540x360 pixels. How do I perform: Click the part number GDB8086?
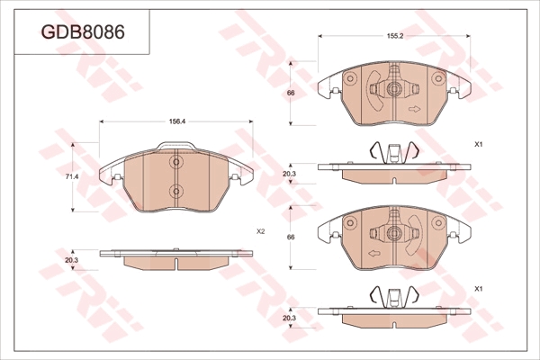pyautogui.click(x=83, y=32)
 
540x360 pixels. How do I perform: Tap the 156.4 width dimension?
pyautogui.click(x=177, y=121)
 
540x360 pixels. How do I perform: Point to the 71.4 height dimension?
pyautogui.click(x=72, y=176)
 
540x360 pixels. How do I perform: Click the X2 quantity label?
pyautogui.click(x=261, y=232)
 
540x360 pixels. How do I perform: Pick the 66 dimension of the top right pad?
pyautogui.click(x=291, y=93)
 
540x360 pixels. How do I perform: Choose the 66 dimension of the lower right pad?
pyautogui.click(x=291, y=237)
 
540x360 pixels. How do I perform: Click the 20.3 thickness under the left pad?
pyautogui.click(x=72, y=260)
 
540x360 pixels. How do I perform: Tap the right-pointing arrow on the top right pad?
pyautogui.click(x=414, y=109)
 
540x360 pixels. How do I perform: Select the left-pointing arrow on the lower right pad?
pyautogui.click(x=374, y=254)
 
